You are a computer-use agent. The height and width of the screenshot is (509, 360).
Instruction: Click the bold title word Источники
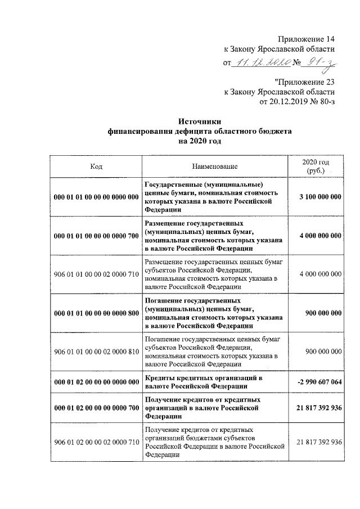200,121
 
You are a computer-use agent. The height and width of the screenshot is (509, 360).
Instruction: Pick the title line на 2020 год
200,142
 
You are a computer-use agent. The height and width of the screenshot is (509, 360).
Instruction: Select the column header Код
96,166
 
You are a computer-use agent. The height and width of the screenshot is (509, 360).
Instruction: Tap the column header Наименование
214,166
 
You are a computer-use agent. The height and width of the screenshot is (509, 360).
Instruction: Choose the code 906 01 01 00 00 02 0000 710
96,274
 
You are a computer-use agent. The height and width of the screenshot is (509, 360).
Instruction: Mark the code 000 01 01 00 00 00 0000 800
96,313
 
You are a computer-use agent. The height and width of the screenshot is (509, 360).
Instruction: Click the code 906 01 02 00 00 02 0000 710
96,442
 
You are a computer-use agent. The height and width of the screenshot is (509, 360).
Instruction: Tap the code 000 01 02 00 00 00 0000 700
96,407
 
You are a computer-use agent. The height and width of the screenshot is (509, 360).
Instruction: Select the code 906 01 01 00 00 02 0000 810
96,352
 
